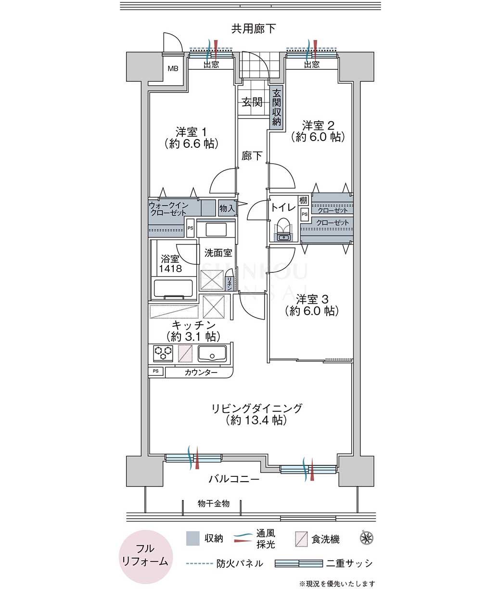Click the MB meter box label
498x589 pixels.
[173, 69]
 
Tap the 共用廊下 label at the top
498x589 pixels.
[253, 28]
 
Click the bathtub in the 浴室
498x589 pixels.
[173, 289]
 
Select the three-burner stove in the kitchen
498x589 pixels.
[163, 353]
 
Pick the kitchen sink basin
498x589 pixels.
[212, 354]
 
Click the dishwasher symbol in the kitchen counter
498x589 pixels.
[185, 353]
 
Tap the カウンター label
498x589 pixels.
[201, 372]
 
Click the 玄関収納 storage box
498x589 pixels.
[276, 107]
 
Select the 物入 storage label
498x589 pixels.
[227, 208]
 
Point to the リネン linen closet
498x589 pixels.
[229, 282]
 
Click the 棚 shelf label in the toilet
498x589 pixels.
[303, 200]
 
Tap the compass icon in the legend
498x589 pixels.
[367, 538]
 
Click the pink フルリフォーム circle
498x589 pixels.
[146, 556]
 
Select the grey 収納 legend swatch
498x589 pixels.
[193, 538]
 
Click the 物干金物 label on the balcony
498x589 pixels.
[214, 503]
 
